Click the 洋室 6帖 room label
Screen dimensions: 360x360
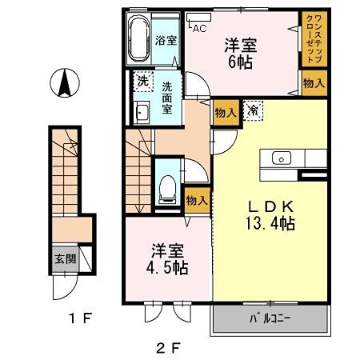(x=240, y=53)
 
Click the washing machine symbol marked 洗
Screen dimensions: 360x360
(x=142, y=82)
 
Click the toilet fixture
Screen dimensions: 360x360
(x=167, y=186)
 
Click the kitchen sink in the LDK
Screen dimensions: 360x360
(x=282, y=157)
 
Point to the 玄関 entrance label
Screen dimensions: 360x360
(x=66, y=258)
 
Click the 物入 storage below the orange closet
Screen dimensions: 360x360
(x=314, y=82)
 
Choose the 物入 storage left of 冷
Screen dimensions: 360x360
(x=226, y=113)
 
